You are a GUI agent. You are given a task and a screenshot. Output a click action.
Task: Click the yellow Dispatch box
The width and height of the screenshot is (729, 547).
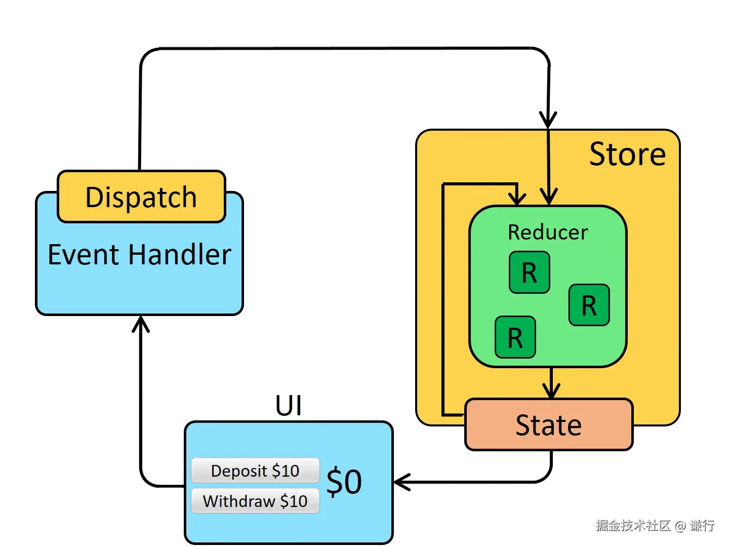coord(141,197)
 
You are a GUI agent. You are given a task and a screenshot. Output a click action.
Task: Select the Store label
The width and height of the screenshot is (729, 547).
coord(627,154)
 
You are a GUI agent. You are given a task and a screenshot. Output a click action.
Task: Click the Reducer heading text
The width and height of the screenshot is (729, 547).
coord(548,232)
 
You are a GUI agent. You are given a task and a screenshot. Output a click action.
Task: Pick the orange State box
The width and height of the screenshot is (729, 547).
coord(549,424)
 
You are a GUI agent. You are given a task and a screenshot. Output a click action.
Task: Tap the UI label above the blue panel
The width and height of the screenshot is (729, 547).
coord(289,406)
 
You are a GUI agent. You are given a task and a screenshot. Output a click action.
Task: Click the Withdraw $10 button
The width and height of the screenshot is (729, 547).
coord(255,501)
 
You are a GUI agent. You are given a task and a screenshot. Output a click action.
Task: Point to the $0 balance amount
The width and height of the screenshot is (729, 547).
coord(344,482)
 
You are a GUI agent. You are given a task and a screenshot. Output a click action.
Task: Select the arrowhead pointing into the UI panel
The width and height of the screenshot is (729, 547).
coord(401,482)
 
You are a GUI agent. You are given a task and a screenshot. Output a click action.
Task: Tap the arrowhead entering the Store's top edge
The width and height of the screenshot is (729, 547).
coord(548,121)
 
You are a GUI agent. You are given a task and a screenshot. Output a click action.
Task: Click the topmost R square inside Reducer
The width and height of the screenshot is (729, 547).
coord(530,272)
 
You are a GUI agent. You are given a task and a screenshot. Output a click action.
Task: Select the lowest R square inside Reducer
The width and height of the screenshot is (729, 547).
coord(515,337)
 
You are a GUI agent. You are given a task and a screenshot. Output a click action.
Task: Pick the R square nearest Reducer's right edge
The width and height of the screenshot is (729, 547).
coord(589,305)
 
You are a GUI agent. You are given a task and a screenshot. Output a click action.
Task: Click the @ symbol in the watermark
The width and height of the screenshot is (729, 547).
coord(680,526)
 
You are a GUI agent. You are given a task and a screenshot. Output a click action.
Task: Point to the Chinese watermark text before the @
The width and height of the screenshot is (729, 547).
coord(633,526)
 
